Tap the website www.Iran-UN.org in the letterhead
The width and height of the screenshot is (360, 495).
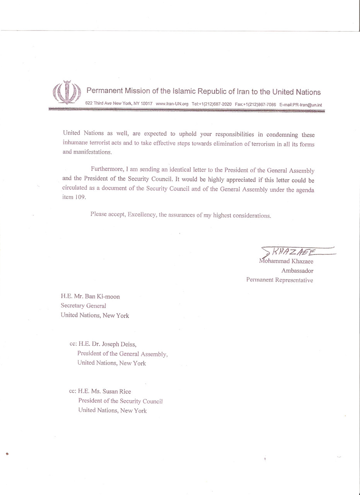(x=172, y=104)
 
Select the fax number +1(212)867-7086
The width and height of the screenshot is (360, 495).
(x=260, y=104)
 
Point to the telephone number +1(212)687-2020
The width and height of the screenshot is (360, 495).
(x=215, y=104)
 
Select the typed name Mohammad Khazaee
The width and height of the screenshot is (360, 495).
(x=286, y=261)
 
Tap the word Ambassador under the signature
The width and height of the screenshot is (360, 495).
(x=297, y=271)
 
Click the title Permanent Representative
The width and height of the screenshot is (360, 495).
(x=280, y=280)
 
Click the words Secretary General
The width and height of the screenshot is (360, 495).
(x=84, y=306)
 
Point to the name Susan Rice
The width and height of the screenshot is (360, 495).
(x=116, y=391)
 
